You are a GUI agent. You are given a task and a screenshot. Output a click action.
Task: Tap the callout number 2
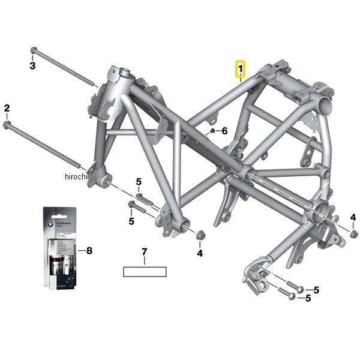[x=7, y=108]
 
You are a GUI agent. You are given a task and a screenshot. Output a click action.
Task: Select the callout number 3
[x=33, y=65]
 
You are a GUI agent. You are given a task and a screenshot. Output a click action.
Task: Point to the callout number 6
[x=224, y=131]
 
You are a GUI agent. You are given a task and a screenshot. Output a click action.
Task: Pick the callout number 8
[x=89, y=250]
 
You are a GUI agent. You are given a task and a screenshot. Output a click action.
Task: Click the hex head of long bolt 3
[x=34, y=50]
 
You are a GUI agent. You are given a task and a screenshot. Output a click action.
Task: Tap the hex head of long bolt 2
[x=7, y=124]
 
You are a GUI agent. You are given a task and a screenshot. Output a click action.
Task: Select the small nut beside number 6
[x=212, y=130]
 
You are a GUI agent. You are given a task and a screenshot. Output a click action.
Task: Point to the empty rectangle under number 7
[x=144, y=271]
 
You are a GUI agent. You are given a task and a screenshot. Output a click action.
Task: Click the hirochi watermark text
[x=76, y=176]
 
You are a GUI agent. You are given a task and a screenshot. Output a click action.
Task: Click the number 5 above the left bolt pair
[x=138, y=182]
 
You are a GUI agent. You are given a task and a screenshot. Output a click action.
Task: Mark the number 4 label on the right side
[x=353, y=217]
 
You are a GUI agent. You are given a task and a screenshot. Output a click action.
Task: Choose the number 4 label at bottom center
[x=200, y=253]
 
